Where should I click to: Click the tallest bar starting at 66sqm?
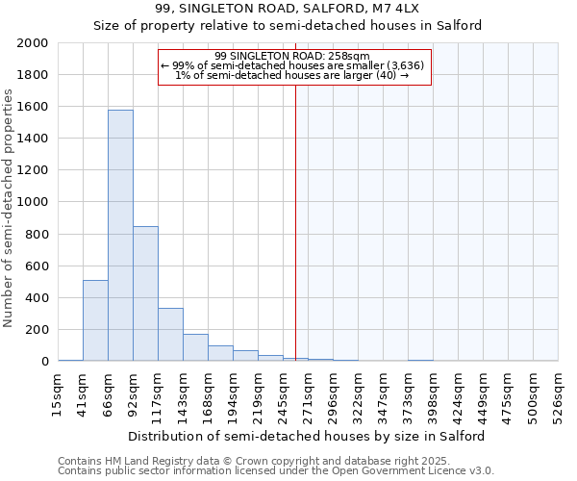tap(120, 236)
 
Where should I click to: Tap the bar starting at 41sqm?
tap(95, 320)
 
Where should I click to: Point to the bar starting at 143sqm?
tap(195, 347)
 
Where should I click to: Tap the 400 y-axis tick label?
tap(37, 298)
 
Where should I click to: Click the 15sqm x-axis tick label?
tap(58, 395)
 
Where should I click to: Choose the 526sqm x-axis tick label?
tap(558, 395)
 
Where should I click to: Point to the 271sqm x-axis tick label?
tap(308, 395)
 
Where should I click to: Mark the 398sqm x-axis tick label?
tap(433, 395)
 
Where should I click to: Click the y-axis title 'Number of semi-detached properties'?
tap(10, 208)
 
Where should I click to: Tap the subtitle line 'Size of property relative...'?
tap(288, 26)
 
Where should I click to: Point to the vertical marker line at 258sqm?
tap(295, 221)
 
